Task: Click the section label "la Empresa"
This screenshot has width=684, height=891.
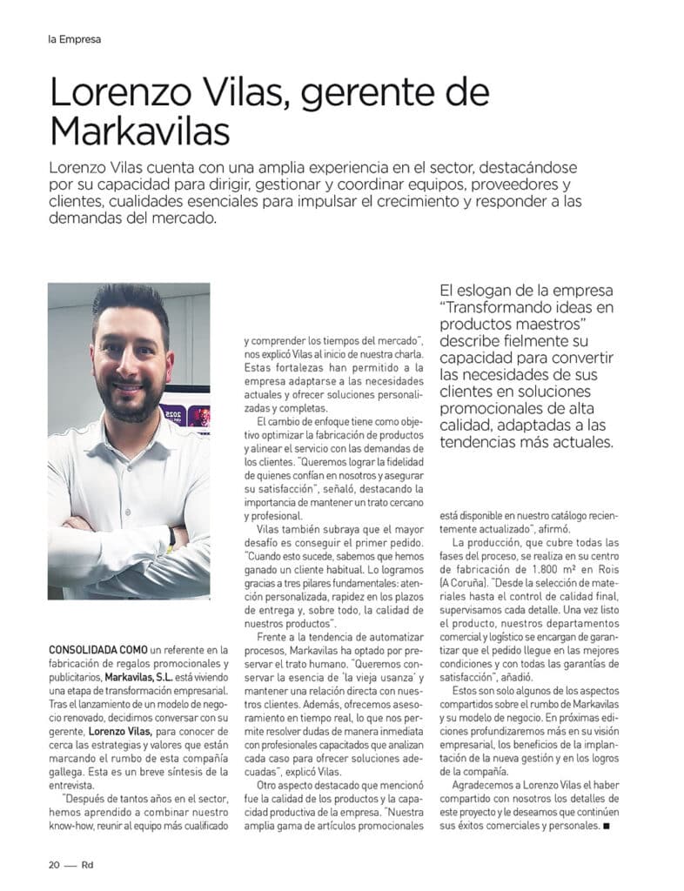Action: click(x=75, y=39)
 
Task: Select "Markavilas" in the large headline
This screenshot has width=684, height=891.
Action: click(x=140, y=131)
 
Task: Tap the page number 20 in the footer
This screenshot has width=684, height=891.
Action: click(x=53, y=865)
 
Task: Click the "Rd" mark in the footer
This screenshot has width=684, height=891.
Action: click(x=87, y=865)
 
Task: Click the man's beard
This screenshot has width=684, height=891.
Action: click(x=131, y=404)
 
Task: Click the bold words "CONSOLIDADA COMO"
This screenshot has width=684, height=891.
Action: click(x=97, y=650)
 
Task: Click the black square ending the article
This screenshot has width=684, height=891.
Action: click(x=606, y=826)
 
